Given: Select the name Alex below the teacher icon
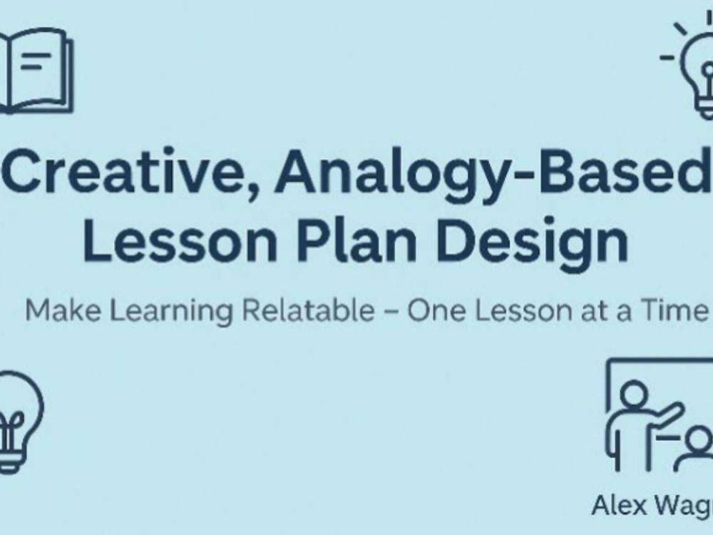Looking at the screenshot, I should click(617, 506).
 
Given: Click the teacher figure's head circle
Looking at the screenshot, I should click(633, 392).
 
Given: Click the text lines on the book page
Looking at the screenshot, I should click(31, 61).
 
